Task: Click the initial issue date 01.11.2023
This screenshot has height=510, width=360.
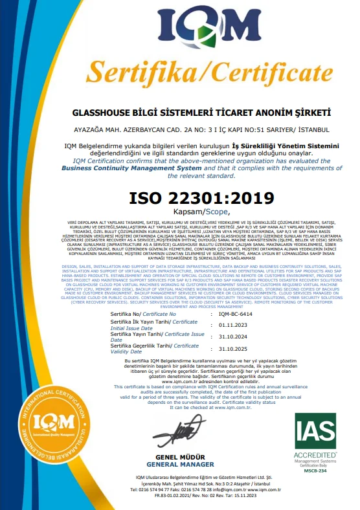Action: click(234, 324)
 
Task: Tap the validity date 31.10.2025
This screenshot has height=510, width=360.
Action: click(234, 348)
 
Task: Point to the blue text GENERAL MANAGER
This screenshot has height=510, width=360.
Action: click(180, 464)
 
